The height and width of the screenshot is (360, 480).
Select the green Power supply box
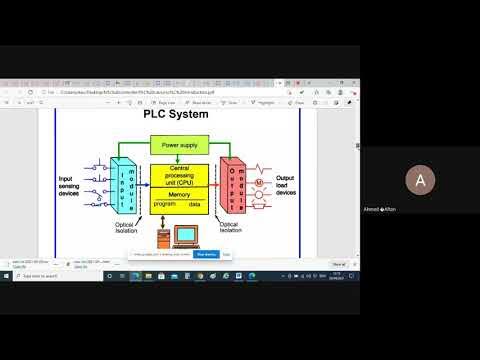click(x=179, y=145)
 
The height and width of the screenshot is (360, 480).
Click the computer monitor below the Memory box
click(x=185, y=236)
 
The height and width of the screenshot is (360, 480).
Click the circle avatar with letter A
click(x=419, y=180)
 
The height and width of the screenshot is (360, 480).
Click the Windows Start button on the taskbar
click(x=7, y=275)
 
